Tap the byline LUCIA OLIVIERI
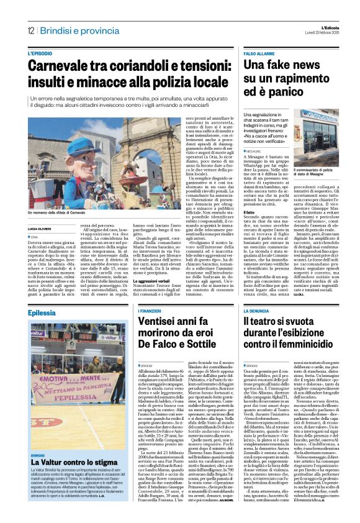pos(42,229)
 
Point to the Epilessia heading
pos(42,312)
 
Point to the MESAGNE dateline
pos(254,151)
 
